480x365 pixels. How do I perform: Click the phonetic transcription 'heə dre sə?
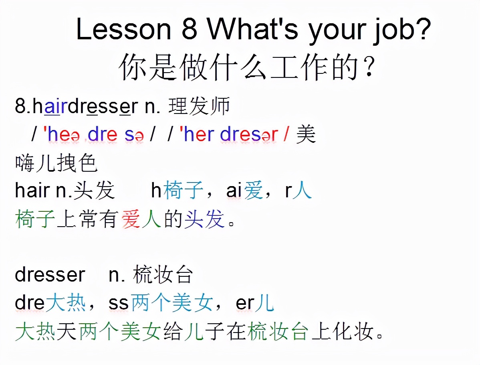(x=95, y=135)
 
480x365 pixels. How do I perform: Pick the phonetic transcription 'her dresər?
(x=228, y=135)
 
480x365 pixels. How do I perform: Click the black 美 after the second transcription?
(x=306, y=135)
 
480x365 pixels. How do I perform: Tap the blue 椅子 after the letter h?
(x=182, y=191)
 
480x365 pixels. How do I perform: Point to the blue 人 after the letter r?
(x=302, y=191)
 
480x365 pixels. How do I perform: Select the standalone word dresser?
(x=50, y=275)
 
